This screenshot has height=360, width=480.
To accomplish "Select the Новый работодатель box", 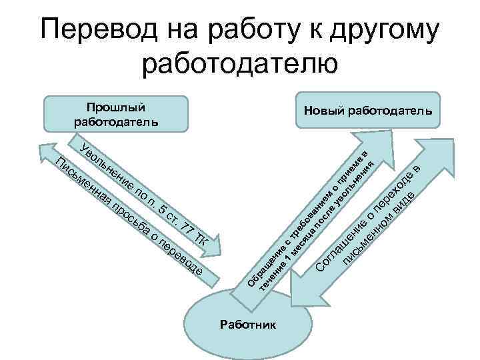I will coord(369,111).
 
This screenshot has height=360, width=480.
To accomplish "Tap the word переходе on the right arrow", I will coord(391,193).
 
